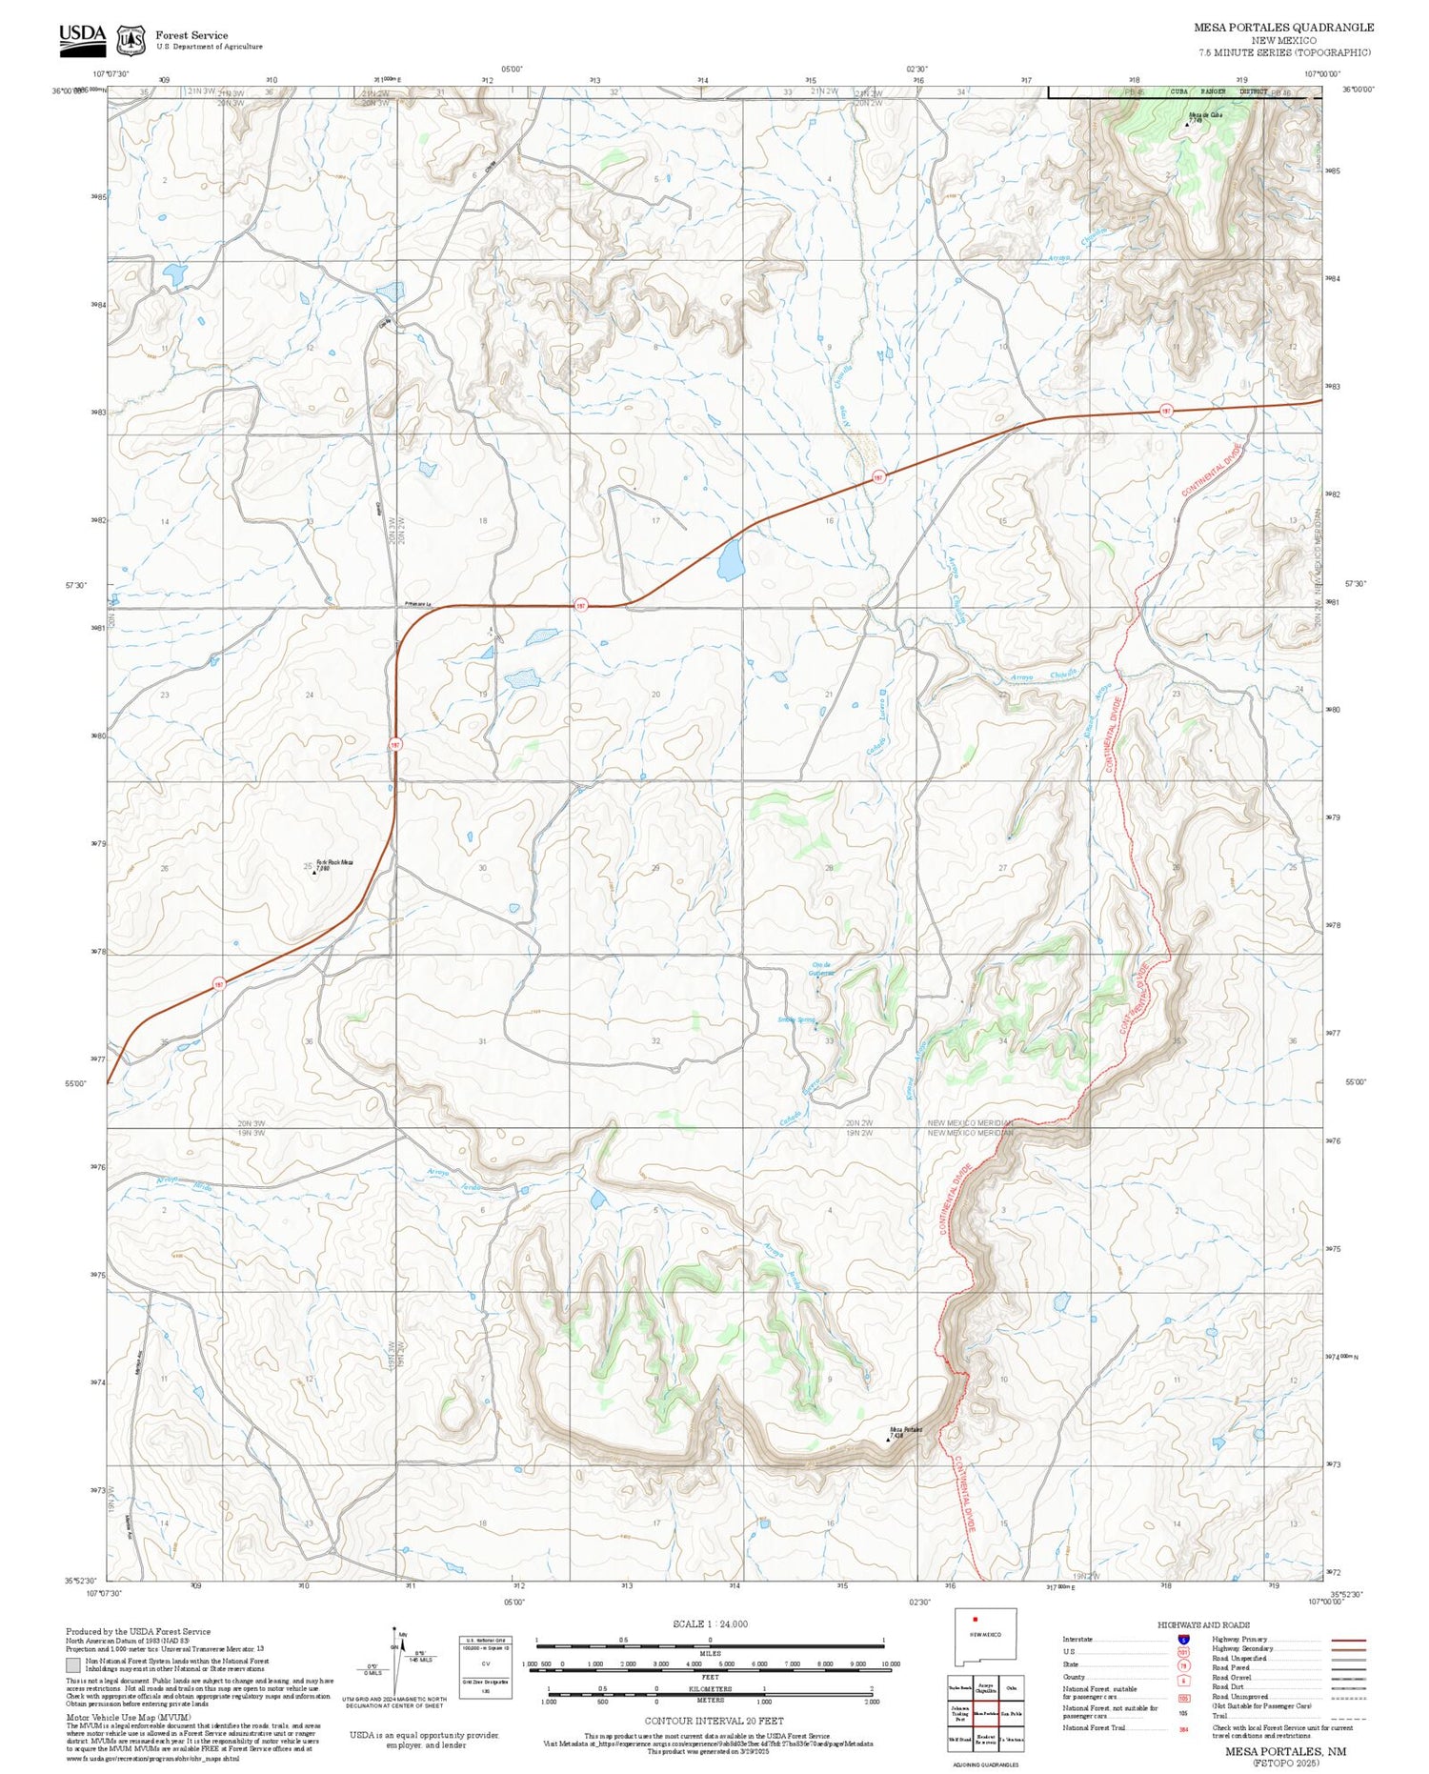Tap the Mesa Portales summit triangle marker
pos(889,1440)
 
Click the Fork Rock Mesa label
pos(334,862)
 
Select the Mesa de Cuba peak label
pos(1204,115)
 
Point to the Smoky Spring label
pos(796,1020)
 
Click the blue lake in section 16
pos(730,560)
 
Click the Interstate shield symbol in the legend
pos(1183,1639)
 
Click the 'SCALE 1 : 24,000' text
pos(710,1624)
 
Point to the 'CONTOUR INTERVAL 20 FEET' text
pos(714,1721)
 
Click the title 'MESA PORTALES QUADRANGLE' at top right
pos(1283,28)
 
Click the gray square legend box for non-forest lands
pos(73,1665)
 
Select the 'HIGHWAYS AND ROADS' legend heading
pos(1203,1625)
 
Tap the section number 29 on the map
pos(655,868)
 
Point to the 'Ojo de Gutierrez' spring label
pos(821,969)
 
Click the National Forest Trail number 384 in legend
pos(1183,1728)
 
